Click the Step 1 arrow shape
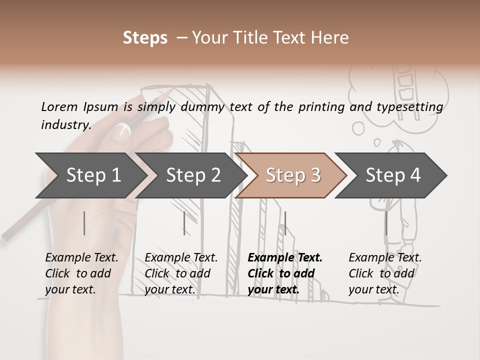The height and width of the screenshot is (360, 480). [90, 175]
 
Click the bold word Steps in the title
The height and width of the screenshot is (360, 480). [145, 38]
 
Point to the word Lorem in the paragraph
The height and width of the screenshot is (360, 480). [59, 106]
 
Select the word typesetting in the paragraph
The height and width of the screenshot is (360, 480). [409, 107]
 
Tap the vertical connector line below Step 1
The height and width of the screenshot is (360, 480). [84, 223]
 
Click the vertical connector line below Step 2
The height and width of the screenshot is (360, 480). [184, 223]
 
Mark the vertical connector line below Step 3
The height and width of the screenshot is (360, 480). [285, 223]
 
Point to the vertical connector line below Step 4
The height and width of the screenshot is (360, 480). [386, 223]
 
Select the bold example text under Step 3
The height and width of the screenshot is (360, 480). [284, 273]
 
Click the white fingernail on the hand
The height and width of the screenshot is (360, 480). [122, 131]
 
